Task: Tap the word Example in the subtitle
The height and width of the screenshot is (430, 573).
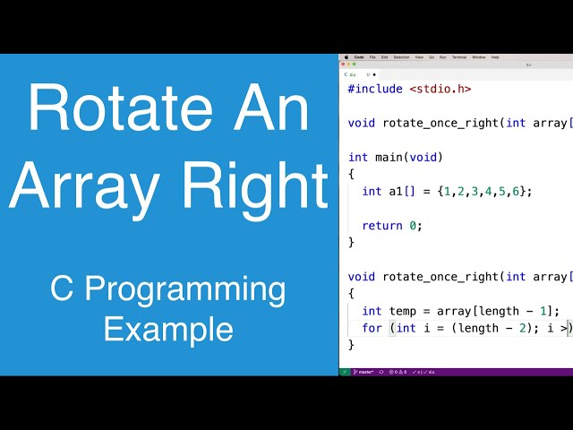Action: tap(168, 328)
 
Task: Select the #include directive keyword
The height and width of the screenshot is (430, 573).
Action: tap(375, 89)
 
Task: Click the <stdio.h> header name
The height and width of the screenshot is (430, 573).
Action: tap(440, 89)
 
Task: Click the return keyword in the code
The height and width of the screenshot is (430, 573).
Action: tap(382, 225)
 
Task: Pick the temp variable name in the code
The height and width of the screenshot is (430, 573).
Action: tap(403, 311)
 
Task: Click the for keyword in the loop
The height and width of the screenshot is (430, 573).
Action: tap(372, 328)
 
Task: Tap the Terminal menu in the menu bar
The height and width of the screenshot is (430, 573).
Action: tap(459, 56)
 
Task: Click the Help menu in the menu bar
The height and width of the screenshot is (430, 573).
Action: tap(495, 56)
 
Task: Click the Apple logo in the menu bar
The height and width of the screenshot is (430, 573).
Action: tap(346, 56)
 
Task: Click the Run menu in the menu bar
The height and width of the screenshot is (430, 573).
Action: tap(442, 56)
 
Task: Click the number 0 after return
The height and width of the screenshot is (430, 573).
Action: tap(413, 225)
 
